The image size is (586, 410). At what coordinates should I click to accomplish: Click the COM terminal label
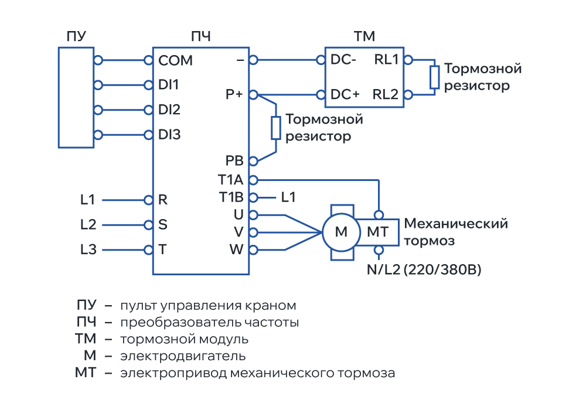(175, 60)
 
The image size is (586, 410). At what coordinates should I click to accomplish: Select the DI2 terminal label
(169, 110)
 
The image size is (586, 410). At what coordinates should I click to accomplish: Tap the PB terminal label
(234, 160)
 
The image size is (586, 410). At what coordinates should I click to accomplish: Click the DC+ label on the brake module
(345, 94)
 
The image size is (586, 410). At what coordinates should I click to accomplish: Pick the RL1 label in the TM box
(386, 60)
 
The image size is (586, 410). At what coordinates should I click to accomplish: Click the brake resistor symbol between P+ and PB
(276, 128)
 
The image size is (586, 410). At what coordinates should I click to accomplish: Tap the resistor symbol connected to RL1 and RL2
(434, 77)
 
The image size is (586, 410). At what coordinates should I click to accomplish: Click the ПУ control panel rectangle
(76, 97)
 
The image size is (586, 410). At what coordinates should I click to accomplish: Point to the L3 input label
(88, 250)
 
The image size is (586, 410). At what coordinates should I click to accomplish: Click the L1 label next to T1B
(288, 197)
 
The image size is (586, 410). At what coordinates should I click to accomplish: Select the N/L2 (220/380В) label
(424, 269)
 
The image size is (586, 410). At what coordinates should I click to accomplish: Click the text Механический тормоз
(456, 232)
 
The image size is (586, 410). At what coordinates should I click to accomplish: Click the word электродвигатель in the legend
(183, 356)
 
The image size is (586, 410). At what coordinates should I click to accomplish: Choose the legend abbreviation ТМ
(86, 339)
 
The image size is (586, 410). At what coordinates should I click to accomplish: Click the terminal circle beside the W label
(253, 250)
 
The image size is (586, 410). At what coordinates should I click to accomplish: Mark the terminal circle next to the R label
(148, 200)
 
